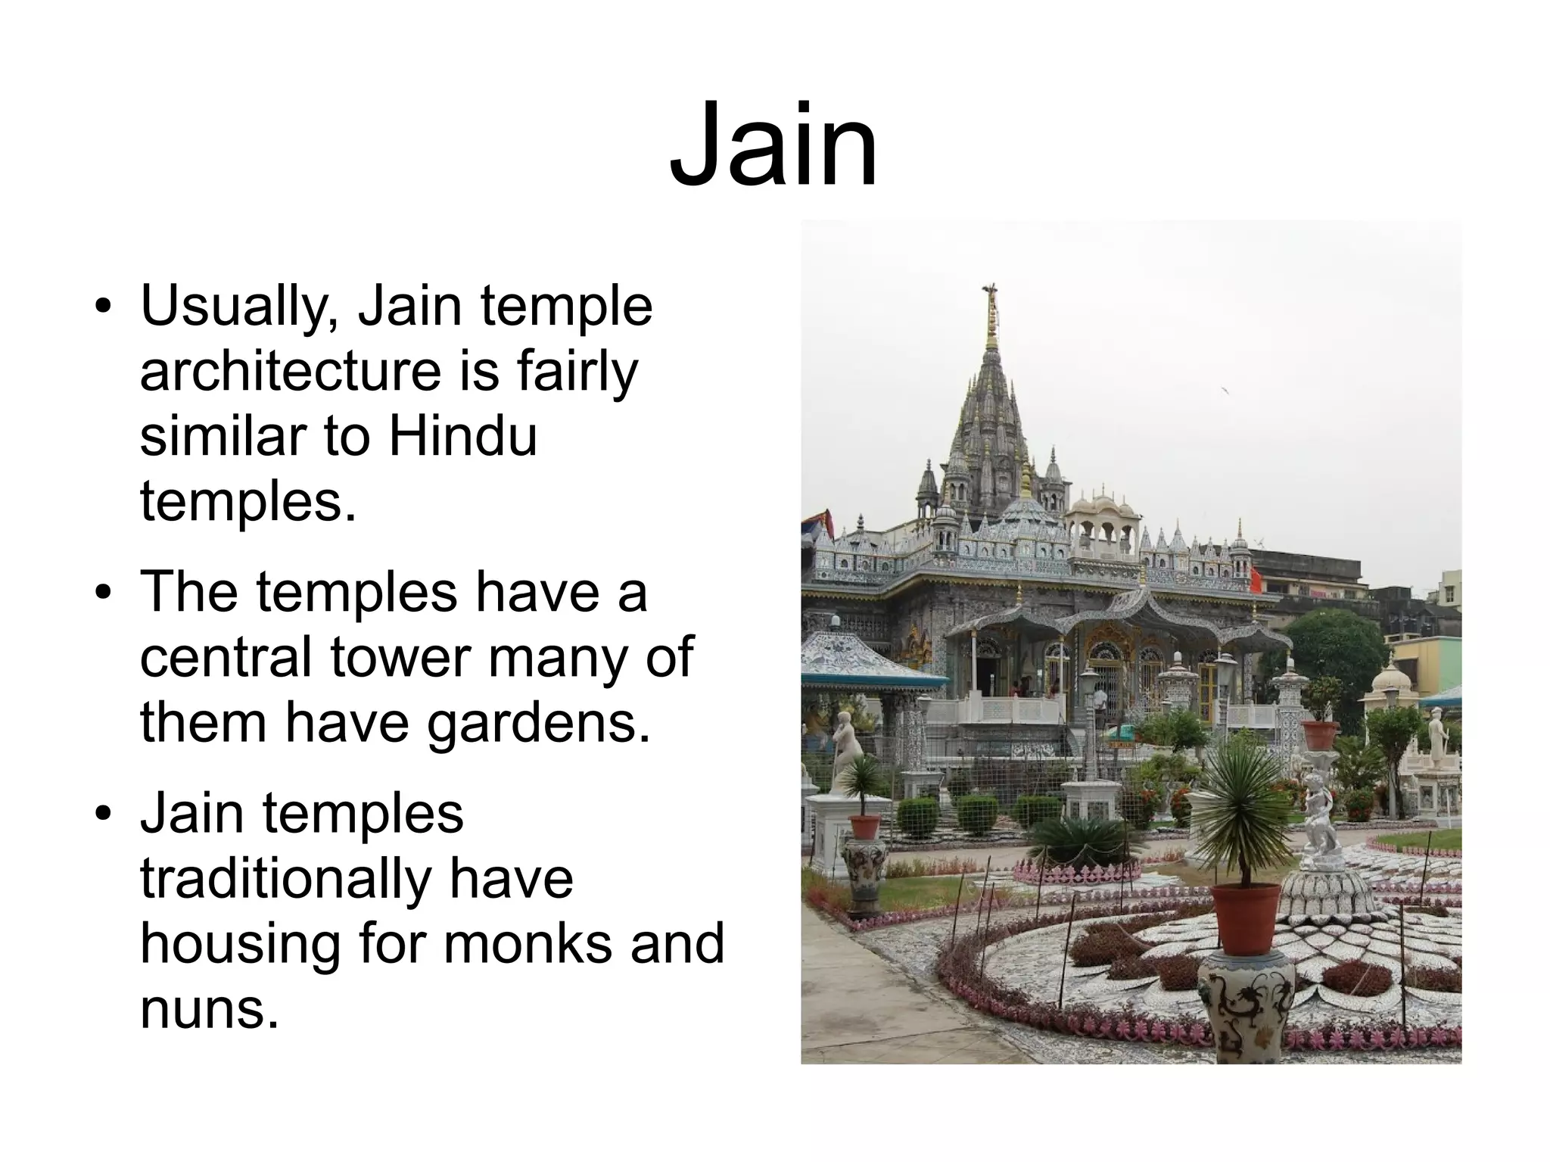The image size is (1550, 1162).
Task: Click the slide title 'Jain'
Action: coord(773,145)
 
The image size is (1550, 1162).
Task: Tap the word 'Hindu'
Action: coord(463,437)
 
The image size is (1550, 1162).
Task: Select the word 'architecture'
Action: coord(291,372)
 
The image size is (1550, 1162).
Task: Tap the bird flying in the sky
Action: coord(1223,391)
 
